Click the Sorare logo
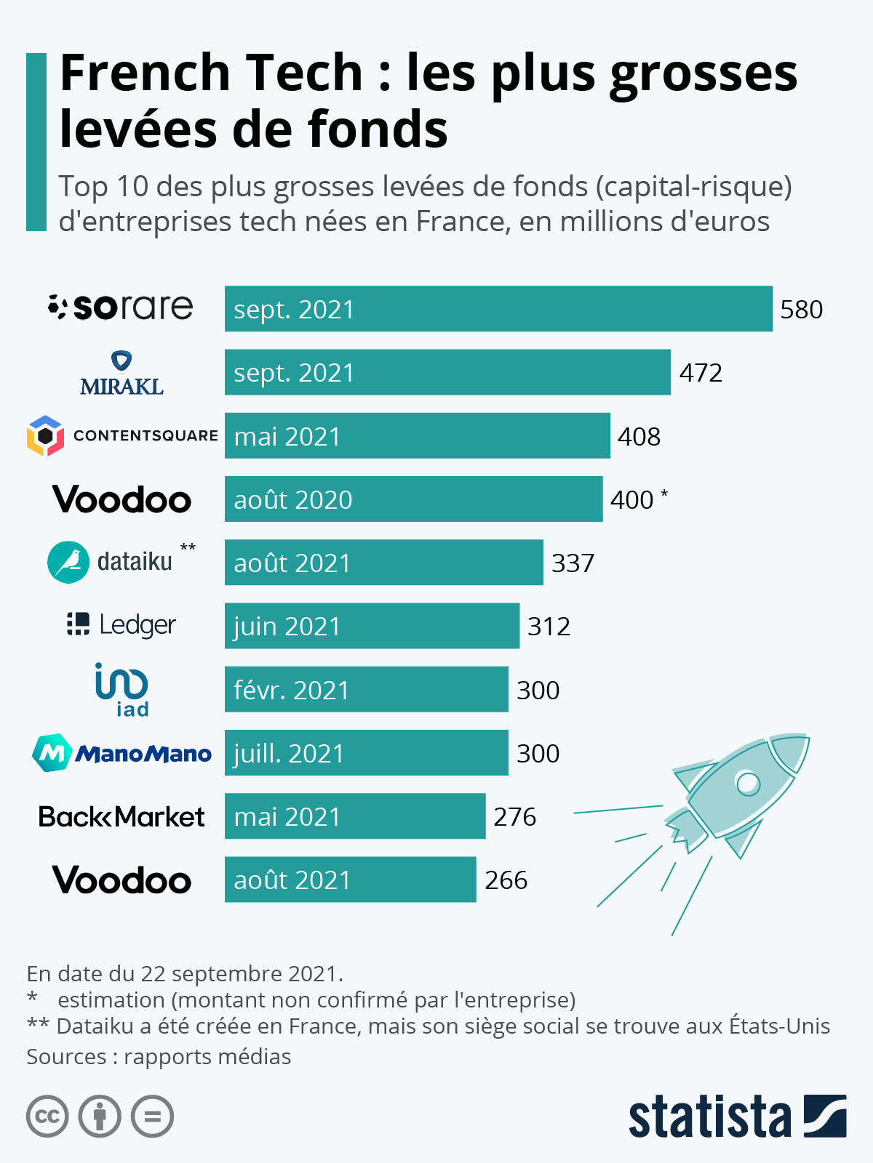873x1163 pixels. coord(121,307)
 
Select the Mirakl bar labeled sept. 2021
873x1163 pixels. coord(447,372)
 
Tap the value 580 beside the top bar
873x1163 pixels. coord(801,310)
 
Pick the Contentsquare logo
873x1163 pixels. coord(122,435)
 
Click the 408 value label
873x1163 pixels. coord(639,436)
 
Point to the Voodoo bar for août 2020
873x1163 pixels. coord(413,499)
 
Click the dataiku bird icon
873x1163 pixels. coord(68,562)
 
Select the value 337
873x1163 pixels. coord(573,563)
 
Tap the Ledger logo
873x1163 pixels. coord(121,624)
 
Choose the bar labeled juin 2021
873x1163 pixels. coord(372,626)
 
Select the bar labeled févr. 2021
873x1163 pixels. coord(366,689)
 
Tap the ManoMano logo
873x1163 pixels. coord(121,753)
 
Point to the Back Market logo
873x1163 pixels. coord(121,816)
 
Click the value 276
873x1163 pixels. coord(514,817)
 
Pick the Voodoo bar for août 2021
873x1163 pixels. coord(350,880)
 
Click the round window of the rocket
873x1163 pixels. coord(748,783)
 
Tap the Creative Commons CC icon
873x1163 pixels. coord(47,1116)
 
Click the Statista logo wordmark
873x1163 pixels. coord(709,1117)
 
